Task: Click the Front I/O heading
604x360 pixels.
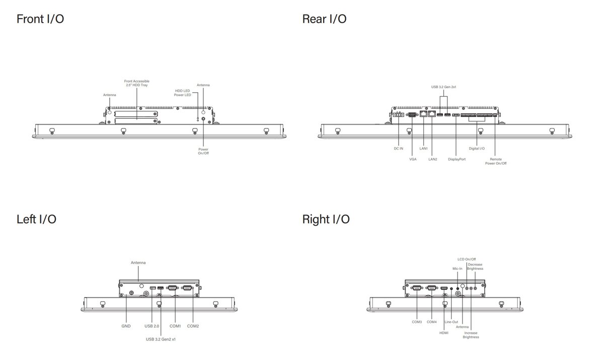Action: [40, 19]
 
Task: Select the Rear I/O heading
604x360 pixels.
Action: [324, 19]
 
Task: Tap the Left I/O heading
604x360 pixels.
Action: [36, 219]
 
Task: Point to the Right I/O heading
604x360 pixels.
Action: [326, 219]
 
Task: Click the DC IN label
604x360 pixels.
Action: [398, 149]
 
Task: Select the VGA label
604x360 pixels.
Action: [413, 159]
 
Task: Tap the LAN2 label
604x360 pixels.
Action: [432, 159]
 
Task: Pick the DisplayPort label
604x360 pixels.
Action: [457, 159]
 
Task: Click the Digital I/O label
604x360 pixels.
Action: [477, 149]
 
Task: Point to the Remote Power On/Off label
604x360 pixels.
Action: [496, 161]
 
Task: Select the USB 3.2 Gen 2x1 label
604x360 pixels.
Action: [443, 87]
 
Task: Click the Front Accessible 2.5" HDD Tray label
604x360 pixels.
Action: [137, 83]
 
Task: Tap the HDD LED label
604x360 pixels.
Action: [182, 91]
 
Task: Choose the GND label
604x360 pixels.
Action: [126, 326]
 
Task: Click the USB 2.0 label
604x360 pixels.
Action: [152, 326]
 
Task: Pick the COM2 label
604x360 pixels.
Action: [193, 326]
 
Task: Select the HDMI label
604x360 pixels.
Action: [444, 332]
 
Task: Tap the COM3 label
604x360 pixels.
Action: [417, 322]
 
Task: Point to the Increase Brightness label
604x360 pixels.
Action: [471, 335]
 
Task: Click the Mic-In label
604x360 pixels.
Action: [457, 268]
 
